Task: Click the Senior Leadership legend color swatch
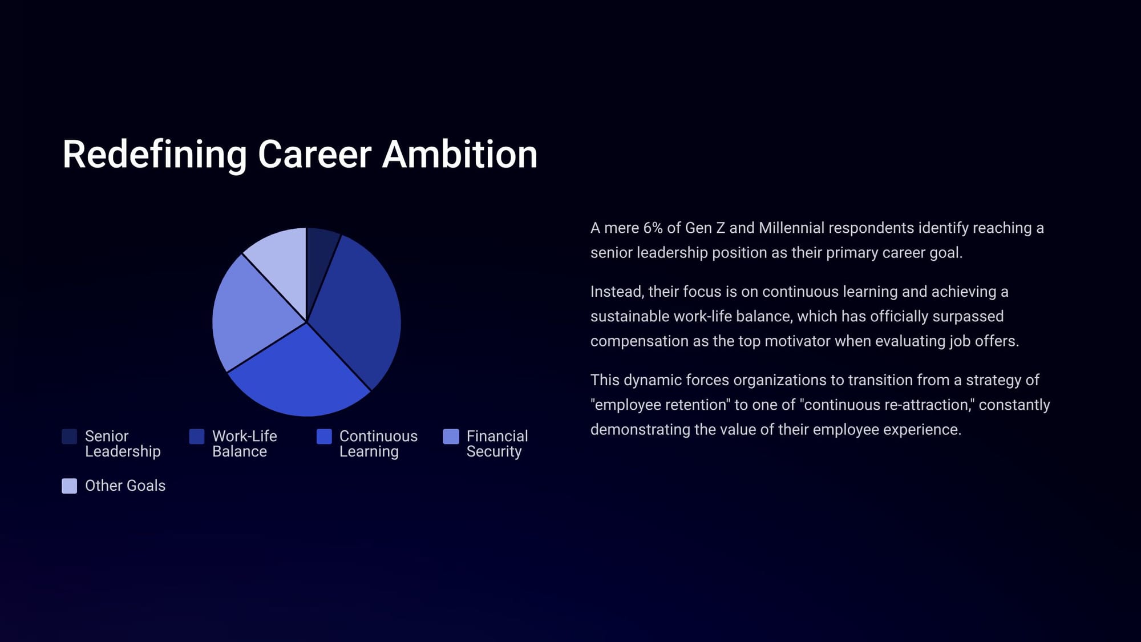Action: pos(70,437)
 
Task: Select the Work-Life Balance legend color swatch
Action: pos(197,437)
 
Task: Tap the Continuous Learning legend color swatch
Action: pos(324,437)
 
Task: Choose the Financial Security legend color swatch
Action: pos(451,437)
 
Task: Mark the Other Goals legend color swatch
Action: pos(70,486)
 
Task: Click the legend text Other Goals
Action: pos(126,486)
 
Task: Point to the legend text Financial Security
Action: pos(497,444)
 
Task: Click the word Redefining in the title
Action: pos(155,155)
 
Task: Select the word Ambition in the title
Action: pos(460,155)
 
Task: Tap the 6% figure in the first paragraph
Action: pos(653,228)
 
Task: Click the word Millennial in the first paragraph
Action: pos(792,228)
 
